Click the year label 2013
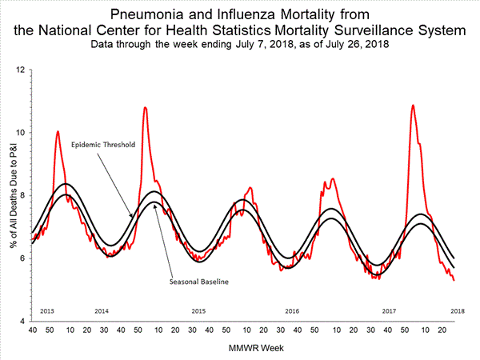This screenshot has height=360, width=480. point(46,310)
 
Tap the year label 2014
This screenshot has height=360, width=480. point(102,310)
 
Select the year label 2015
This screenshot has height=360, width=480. point(198,310)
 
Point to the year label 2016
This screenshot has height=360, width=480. point(293,310)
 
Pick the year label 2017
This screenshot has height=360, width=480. point(390,310)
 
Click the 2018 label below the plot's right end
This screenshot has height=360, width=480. point(458,310)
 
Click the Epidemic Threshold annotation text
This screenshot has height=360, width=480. point(102,145)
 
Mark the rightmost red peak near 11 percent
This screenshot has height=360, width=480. point(413,106)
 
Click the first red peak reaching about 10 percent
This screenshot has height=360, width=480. point(58,131)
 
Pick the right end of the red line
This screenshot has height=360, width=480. point(454,280)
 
